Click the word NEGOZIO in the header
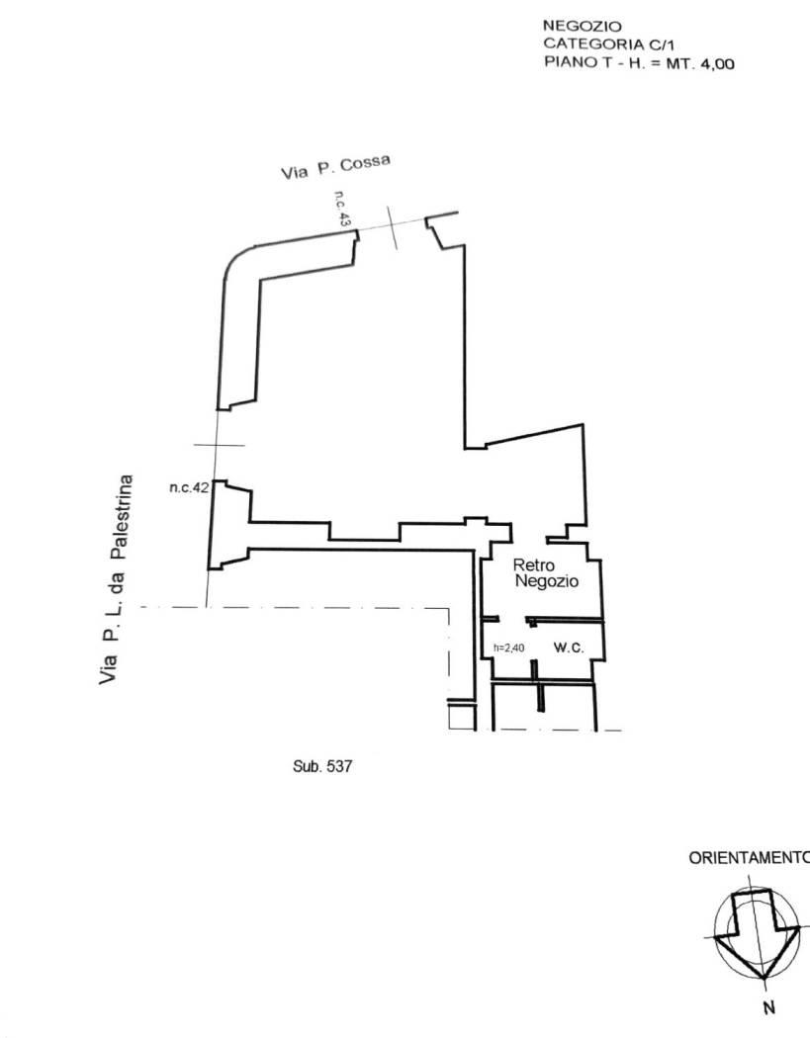point(583,27)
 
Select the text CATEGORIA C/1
point(608,44)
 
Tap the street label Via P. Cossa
point(336,166)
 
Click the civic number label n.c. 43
point(342,210)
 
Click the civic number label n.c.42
point(190,488)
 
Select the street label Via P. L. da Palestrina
point(116,579)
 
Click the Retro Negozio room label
point(546,573)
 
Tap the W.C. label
point(569,648)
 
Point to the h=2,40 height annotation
point(508,648)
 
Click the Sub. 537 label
point(322,766)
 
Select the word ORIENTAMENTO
point(749,858)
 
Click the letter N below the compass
point(768,1008)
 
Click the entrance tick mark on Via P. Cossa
point(392,227)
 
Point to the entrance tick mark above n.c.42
point(220,445)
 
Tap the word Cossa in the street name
point(366,162)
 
